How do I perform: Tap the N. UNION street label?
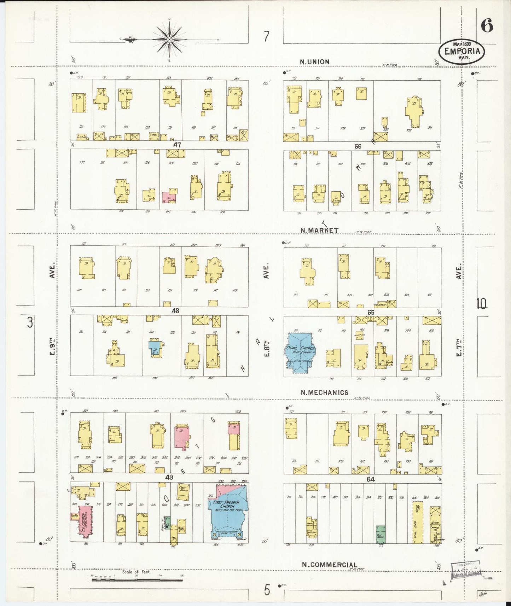[x=314, y=62]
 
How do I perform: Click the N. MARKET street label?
[x=319, y=231]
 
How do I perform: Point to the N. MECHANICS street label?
[x=324, y=392]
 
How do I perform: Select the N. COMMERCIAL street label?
[x=329, y=565]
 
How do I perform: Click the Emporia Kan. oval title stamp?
[x=461, y=52]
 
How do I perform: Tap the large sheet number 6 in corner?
[x=487, y=26]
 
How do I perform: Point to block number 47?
[x=177, y=145]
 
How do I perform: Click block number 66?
[x=358, y=146]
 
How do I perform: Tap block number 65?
[x=371, y=313]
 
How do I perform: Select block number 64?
[x=371, y=479]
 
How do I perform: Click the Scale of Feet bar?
[x=137, y=579]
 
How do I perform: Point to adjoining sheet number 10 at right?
[x=481, y=303]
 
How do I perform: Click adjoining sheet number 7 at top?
[x=266, y=36]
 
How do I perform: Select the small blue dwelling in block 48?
[x=155, y=348]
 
